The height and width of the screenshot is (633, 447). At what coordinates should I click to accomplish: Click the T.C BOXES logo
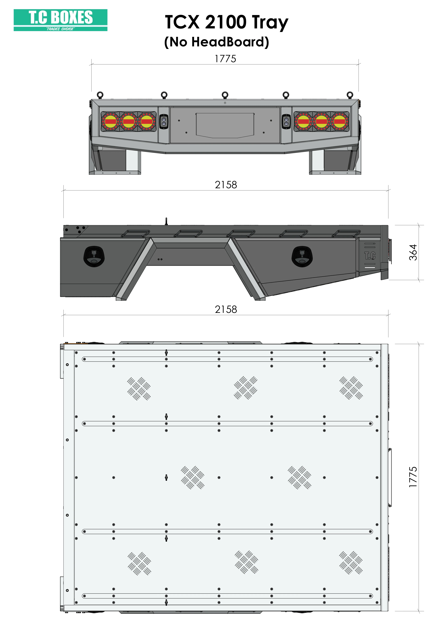click(61, 20)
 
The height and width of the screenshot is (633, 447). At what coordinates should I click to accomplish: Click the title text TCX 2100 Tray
click(227, 22)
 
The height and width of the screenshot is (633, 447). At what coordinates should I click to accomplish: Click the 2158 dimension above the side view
click(226, 185)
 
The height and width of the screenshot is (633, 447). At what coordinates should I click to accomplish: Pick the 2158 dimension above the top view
click(226, 309)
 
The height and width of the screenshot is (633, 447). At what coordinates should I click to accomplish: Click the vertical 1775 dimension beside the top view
click(413, 477)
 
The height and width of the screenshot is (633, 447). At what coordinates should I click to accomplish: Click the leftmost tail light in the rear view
click(110, 121)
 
